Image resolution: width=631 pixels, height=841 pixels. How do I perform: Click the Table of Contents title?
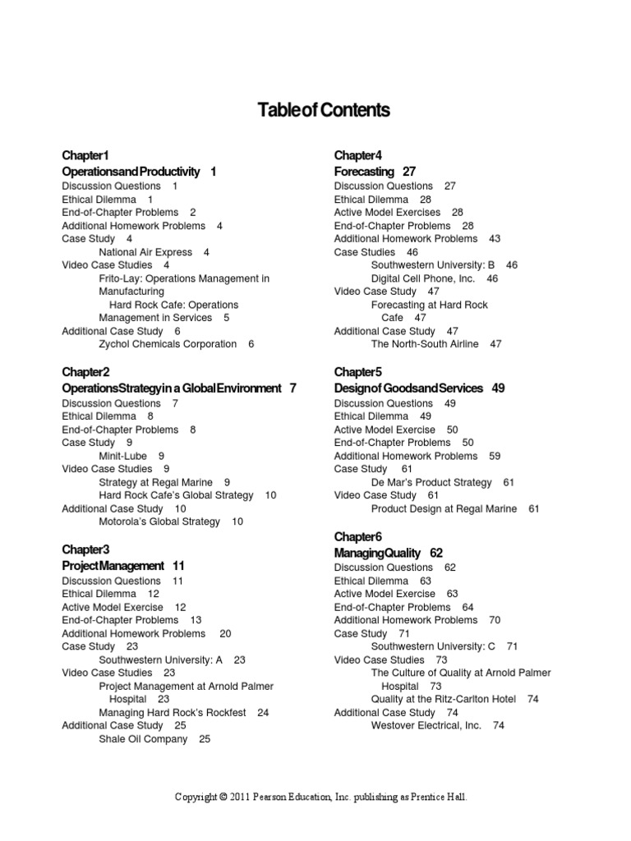pyautogui.click(x=324, y=110)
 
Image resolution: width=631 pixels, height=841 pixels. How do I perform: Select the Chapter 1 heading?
pyautogui.click(x=85, y=155)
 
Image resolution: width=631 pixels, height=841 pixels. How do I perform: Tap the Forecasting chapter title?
pyautogui.click(x=364, y=172)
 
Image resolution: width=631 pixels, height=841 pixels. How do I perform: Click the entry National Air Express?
pyautogui.click(x=145, y=252)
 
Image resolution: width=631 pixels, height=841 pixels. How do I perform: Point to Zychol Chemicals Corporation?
pyautogui.click(x=168, y=344)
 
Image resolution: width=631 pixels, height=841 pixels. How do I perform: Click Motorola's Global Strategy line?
pyautogui.click(x=159, y=522)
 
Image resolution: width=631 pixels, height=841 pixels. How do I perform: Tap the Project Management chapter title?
pyautogui.click(x=113, y=566)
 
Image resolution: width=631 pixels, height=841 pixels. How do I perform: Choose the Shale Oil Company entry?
pyautogui.click(x=143, y=739)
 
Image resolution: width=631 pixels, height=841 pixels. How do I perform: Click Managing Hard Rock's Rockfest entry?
pyautogui.click(x=173, y=713)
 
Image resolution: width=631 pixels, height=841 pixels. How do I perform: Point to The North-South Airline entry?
pyautogui.click(x=425, y=344)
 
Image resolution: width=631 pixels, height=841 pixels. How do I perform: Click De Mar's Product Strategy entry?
pyautogui.click(x=431, y=483)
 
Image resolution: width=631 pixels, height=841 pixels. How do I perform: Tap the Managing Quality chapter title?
pyautogui.click(x=377, y=553)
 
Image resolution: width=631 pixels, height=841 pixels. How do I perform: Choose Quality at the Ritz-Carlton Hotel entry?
pyautogui.click(x=444, y=699)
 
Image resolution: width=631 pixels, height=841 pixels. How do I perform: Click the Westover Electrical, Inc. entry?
pyautogui.click(x=426, y=726)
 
